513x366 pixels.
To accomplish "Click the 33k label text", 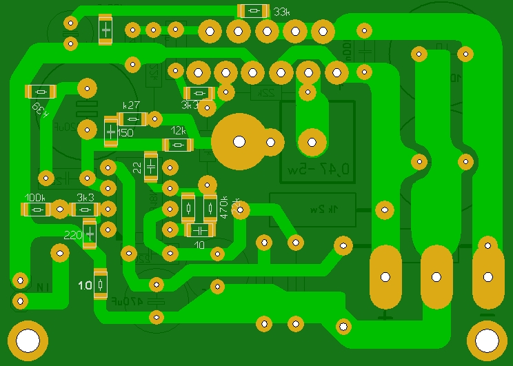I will (x=281, y=12).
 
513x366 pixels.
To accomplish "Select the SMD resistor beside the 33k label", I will (x=253, y=11).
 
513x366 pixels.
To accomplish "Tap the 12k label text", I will (x=179, y=131).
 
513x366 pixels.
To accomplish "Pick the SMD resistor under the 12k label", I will (x=178, y=145).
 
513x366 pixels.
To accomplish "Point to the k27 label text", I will (x=131, y=105).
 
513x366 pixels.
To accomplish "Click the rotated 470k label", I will (x=223, y=207).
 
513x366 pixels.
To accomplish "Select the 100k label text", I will (x=34, y=197).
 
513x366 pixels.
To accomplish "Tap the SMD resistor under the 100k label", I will (x=37, y=209).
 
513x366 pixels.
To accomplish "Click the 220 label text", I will (x=72, y=235).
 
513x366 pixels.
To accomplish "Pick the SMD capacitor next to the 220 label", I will (x=90, y=233).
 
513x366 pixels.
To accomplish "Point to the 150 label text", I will (x=125, y=132).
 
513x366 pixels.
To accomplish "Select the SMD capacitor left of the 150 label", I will (x=110, y=132).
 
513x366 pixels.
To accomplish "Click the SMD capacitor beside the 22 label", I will (x=151, y=167).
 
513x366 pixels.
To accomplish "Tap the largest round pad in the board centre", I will (x=239, y=141).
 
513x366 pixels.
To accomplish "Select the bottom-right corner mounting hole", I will (x=487, y=340).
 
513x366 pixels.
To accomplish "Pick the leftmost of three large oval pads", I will (x=385, y=277).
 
